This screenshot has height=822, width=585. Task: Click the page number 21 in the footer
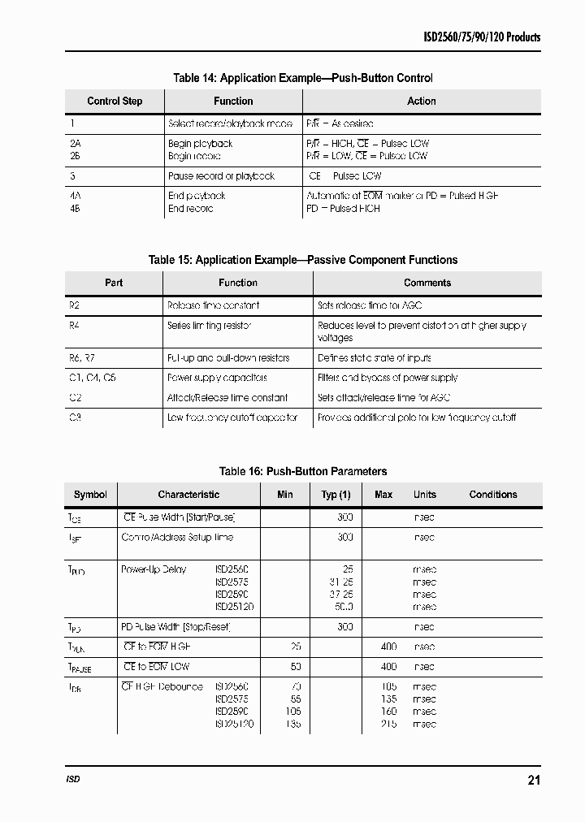pos(533,781)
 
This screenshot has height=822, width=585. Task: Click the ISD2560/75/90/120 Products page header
pos(482,37)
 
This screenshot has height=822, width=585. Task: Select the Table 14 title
pos(302,78)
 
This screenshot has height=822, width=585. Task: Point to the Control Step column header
pos(115,102)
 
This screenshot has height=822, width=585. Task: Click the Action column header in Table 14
pos(421,102)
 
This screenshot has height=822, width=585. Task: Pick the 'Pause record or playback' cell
pos(221,176)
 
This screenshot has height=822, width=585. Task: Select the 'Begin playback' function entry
pos(200,144)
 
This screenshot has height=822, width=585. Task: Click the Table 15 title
pos(302,260)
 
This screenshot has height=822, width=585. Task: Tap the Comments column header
pos(427,283)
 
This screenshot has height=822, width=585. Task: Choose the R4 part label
pos(76,326)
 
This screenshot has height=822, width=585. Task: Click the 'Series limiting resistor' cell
pos(209,326)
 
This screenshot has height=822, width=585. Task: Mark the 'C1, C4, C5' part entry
pos(92,378)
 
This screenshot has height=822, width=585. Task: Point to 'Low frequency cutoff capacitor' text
pos(232,417)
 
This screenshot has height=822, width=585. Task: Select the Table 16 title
pos(302,471)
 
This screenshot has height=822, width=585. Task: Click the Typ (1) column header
pos(336,495)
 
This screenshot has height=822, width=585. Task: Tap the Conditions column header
pos(492,495)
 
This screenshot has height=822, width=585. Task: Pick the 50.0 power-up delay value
pos(344,607)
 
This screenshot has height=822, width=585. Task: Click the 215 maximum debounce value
pos(388,724)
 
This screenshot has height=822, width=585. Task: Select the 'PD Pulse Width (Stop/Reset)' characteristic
pos(176,627)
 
